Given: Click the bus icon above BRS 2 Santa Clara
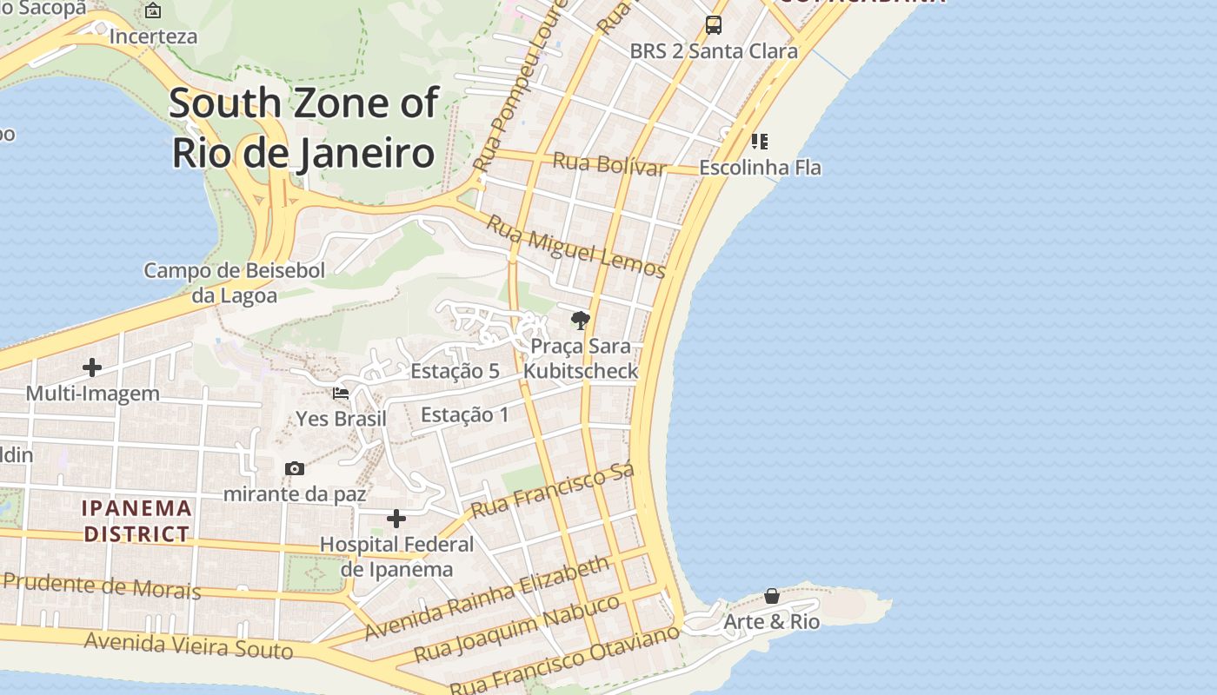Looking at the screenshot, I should coord(714,25).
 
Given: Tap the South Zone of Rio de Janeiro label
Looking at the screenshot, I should coord(303,128).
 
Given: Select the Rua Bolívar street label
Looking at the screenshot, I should coord(609,163).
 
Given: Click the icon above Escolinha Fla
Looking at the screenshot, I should coord(760,141).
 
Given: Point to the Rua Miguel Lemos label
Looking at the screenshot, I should coord(575,247).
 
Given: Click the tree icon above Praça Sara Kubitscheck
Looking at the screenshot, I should coord(581,321).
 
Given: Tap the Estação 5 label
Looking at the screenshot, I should coord(455,371).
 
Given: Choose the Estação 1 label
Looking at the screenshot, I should coord(465,414).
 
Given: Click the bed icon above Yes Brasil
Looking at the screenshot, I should coord(341,393).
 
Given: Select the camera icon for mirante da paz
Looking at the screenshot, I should coord(295,469).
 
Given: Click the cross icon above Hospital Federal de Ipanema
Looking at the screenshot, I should coord(396,519).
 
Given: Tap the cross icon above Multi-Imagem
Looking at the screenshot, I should coord(92,367).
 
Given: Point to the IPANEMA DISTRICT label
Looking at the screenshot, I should coord(136,520).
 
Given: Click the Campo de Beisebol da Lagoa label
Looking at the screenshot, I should coord(234,282).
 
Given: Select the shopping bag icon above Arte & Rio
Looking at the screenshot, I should coord(772,596).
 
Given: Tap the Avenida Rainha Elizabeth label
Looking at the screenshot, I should coord(488,598).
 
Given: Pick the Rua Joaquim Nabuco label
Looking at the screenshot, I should coord(516,629).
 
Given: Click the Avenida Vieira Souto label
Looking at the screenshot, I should coord(189,646).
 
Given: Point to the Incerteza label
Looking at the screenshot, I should coord(154,36).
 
